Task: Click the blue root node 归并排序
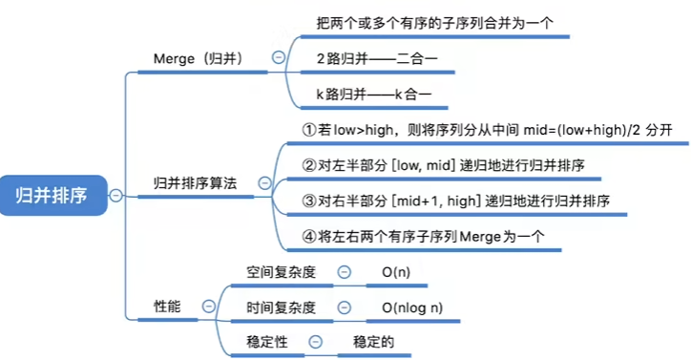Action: tap(52, 195)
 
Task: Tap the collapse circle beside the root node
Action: tap(116, 195)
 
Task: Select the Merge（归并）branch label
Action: tap(198, 58)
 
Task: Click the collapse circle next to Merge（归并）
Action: tap(278, 57)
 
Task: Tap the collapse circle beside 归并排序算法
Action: tap(264, 181)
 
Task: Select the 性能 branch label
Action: tap(168, 306)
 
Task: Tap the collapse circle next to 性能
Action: tap(208, 306)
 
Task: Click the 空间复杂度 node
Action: tap(281, 271)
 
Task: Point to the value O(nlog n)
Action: tap(411, 307)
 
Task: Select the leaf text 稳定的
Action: tap(373, 341)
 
